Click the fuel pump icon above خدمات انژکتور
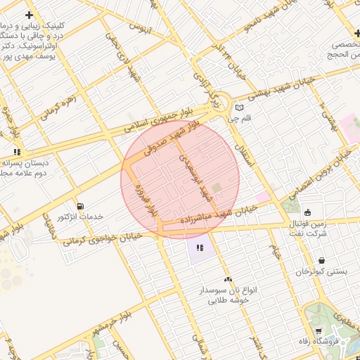[x=80, y=206]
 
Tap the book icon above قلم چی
[x=240, y=108]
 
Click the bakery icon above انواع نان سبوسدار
[x=227, y=279]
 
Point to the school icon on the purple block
[x=200, y=247]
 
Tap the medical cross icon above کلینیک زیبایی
[x=29, y=15]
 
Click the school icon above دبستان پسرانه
[x=17, y=151]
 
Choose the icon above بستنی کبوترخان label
[x=321, y=261]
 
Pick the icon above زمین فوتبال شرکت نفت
[x=307, y=212]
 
